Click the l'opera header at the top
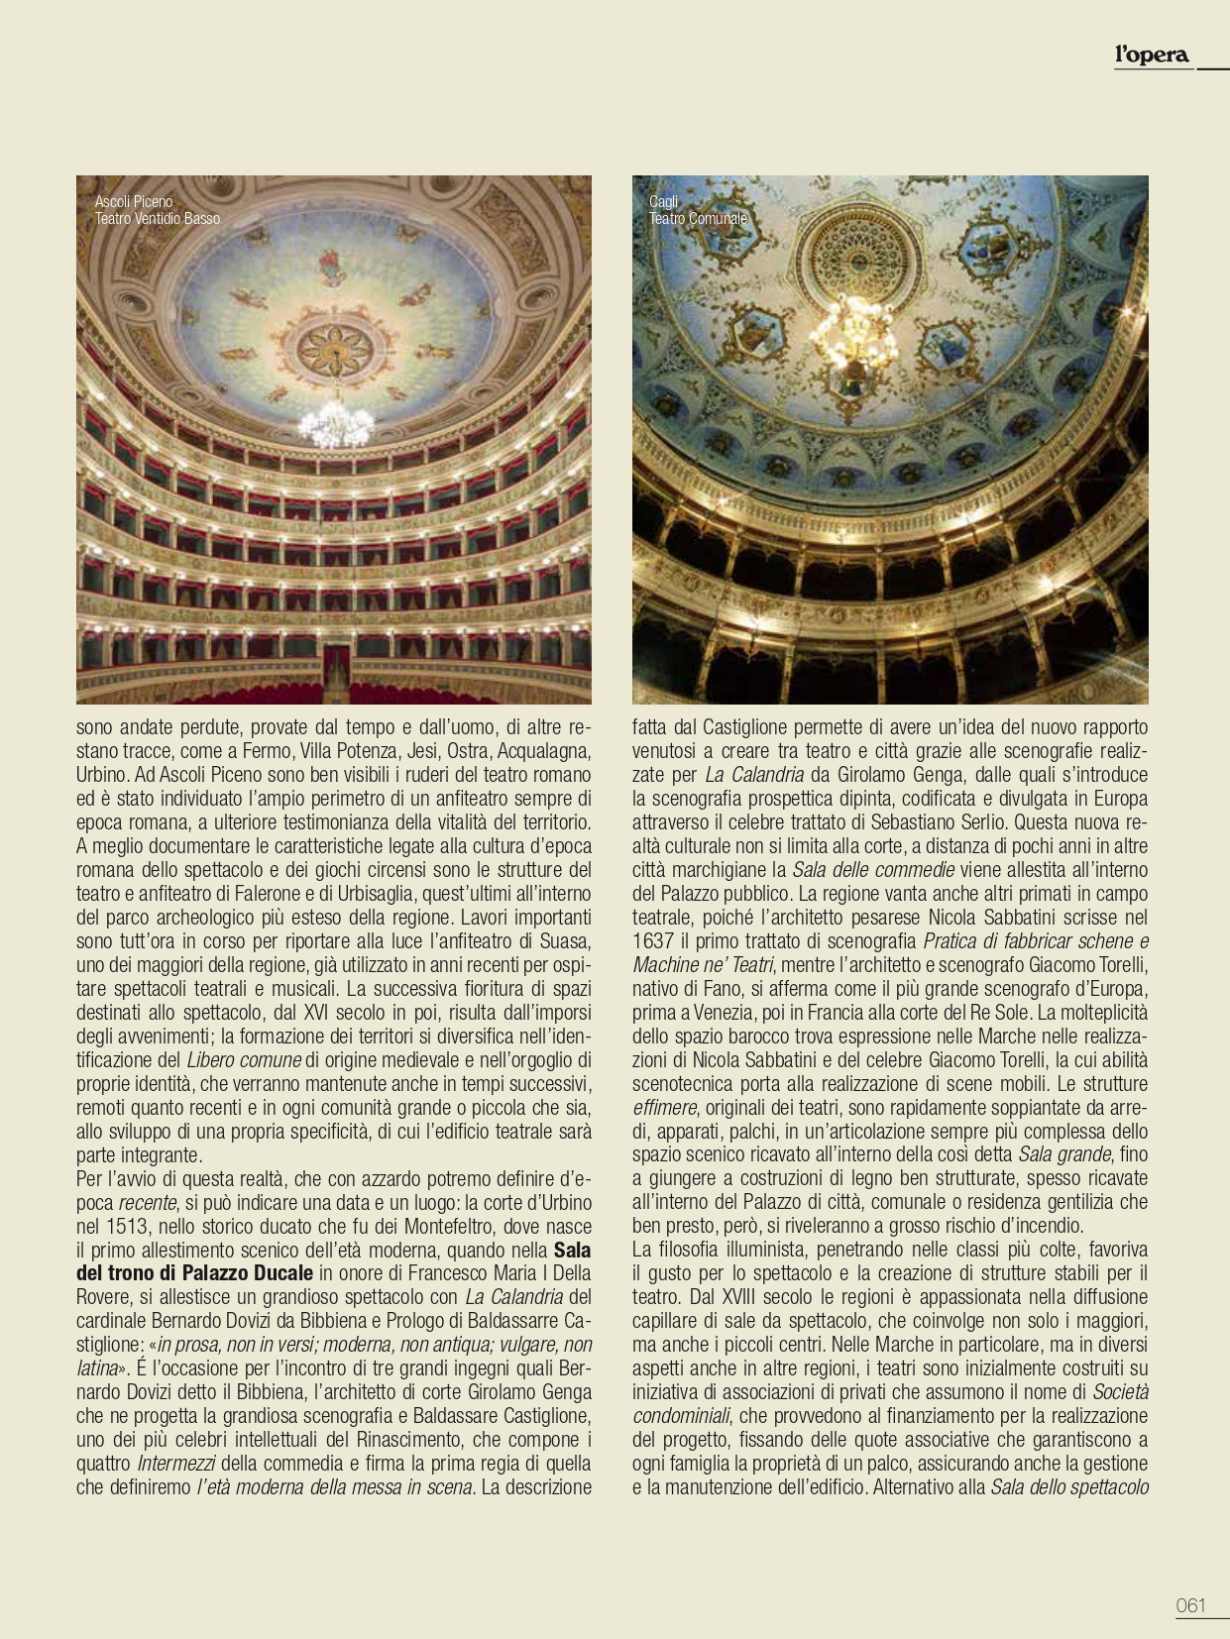[1151, 55]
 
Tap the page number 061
[1190, 1605]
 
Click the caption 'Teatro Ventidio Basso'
[158, 219]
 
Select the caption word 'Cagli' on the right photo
[663, 202]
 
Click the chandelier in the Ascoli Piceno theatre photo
[336, 424]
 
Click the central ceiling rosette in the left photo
[335, 349]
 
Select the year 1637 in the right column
[653, 941]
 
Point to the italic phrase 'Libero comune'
[244, 1059]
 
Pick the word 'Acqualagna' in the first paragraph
[543, 751]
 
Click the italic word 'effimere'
[664, 1107]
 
